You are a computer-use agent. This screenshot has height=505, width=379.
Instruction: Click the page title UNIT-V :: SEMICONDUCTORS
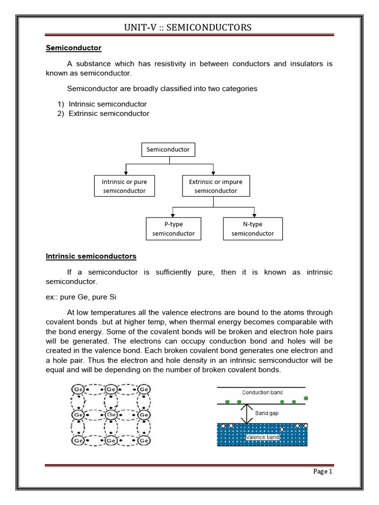click(189, 27)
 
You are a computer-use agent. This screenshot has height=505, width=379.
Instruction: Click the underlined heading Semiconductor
click(74, 48)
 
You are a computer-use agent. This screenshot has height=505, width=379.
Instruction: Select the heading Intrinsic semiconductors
click(91, 256)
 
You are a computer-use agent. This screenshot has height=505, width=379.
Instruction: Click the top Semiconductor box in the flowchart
click(168, 149)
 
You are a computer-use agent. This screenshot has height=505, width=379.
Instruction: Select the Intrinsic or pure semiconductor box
click(124, 186)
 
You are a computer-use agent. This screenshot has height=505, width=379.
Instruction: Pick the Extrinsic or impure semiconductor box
click(213, 186)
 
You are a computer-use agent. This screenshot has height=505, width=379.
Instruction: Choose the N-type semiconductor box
click(253, 228)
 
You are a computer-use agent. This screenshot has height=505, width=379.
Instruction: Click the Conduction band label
click(263, 392)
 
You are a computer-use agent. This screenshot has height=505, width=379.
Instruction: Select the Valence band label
click(262, 437)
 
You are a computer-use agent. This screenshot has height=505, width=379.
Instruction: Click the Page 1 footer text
click(323, 471)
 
